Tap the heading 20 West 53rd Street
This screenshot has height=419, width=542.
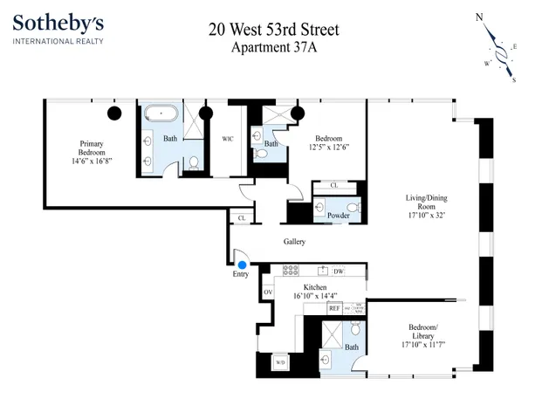[273, 30]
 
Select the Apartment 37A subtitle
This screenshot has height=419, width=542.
[273, 47]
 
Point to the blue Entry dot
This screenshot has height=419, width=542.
[242, 264]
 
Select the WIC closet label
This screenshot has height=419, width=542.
[228, 138]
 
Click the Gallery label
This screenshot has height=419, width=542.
[293, 241]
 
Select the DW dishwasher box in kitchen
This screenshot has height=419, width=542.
[338, 271]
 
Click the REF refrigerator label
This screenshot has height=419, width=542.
[333, 308]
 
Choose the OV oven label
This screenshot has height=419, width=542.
[269, 291]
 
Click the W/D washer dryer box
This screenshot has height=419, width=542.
[281, 361]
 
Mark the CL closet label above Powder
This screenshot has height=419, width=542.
[334, 186]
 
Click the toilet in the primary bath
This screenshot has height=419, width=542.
[193, 163]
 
